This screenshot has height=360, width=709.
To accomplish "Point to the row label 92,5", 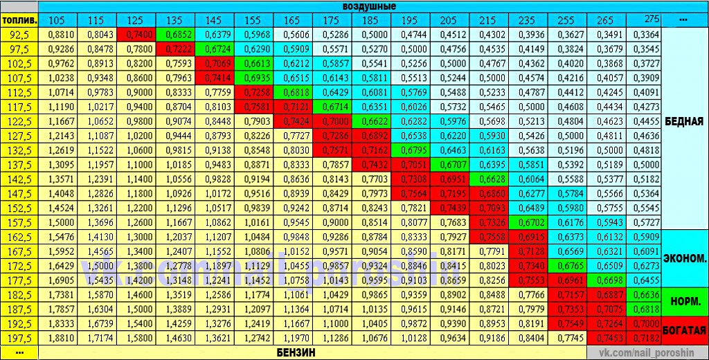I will (x=19, y=33).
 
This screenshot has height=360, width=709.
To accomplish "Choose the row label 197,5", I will (x=19, y=339).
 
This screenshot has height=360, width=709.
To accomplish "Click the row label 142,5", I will (x=19, y=179).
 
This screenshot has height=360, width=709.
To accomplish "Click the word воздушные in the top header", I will (x=369, y=6).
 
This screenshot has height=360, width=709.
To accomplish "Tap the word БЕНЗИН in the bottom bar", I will (x=296, y=352).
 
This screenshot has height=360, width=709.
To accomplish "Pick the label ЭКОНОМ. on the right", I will (x=684, y=258).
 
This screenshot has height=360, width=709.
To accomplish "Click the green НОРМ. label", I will (x=684, y=302).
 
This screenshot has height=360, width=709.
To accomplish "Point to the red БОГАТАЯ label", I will (x=684, y=330).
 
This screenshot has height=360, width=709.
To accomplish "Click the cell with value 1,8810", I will (x=61, y=339).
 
